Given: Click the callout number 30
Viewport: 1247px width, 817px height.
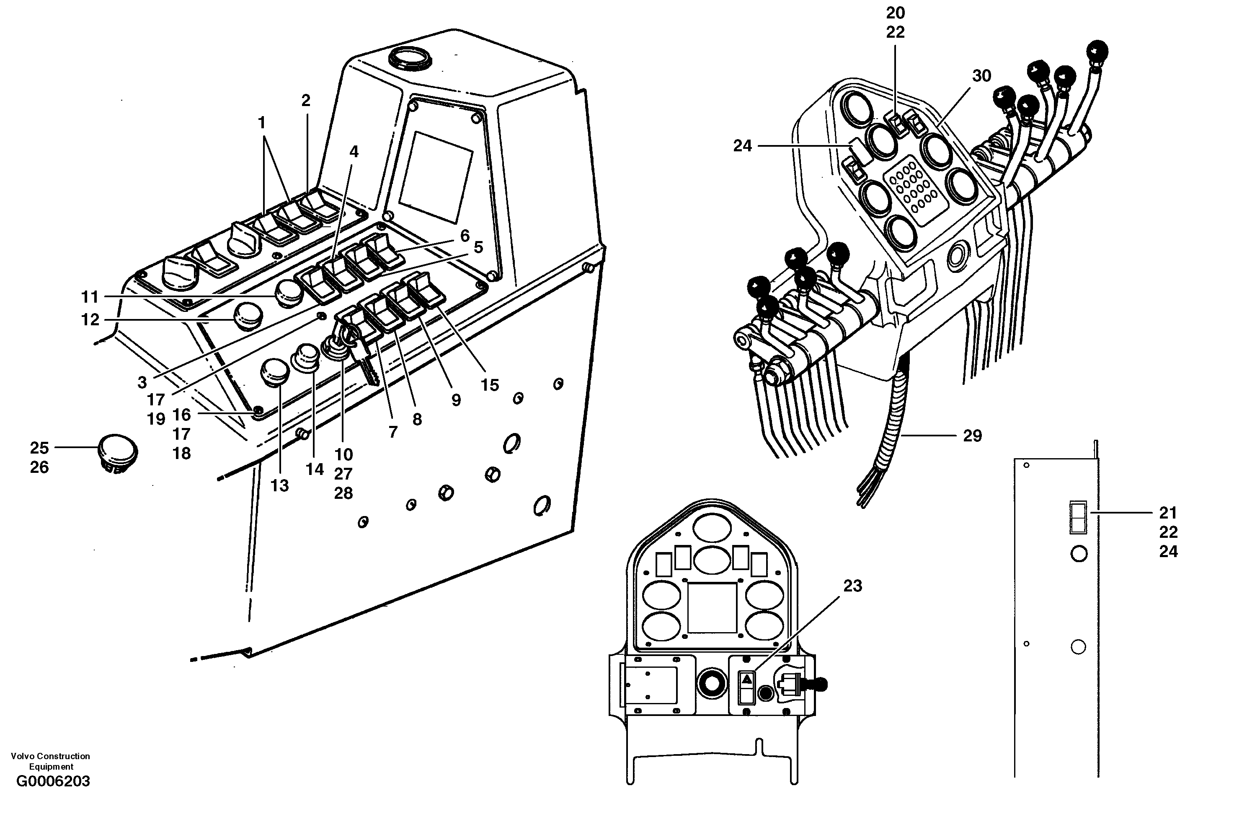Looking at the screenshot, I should click(x=981, y=76).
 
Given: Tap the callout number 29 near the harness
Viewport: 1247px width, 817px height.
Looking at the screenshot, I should click(x=973, y=436).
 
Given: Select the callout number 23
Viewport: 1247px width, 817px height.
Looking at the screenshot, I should click(x=852, y=585).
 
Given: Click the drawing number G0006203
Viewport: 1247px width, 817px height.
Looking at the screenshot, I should click(x=53, y=796).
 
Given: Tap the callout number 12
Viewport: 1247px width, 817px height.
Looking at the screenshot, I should click(x=90, y=319).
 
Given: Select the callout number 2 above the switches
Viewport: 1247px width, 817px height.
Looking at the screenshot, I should click(x=306, y=100).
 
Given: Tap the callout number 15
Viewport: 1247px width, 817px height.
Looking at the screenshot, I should click(x=490, y=385).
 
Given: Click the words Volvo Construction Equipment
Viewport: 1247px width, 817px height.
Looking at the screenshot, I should click(x=50, y=761).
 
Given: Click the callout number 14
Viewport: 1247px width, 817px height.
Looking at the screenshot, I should click(x=315, y=469).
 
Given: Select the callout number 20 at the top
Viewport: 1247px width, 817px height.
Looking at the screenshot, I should click(x=896, y=13).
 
